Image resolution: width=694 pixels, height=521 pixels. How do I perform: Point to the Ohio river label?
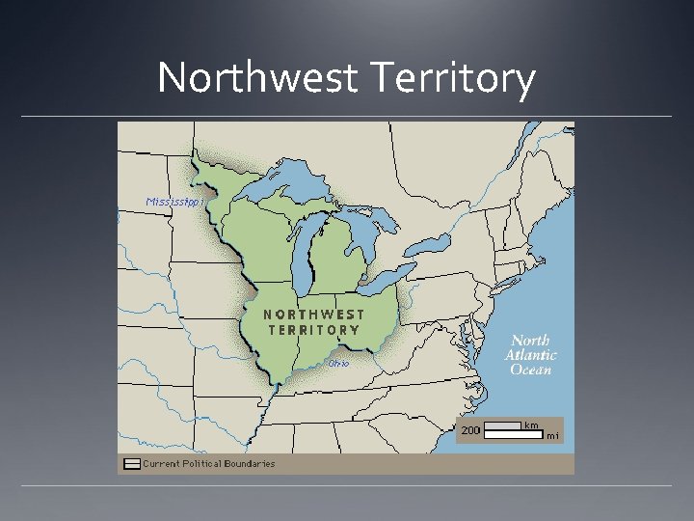(337, 364)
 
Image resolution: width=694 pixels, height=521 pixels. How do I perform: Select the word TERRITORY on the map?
(314, 330)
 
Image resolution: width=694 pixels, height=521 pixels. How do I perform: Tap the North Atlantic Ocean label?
(530, 355)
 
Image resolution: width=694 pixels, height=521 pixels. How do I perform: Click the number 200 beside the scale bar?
(471, 430)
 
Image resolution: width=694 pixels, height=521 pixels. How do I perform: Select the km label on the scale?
(531, 425)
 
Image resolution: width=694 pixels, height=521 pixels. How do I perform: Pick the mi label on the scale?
(552, 436)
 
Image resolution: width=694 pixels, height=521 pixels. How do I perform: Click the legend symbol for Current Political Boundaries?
(131, 464)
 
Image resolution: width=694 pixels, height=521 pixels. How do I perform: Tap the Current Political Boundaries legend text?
(209, 464)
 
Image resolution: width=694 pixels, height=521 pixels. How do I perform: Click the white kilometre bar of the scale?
(502, 425)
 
